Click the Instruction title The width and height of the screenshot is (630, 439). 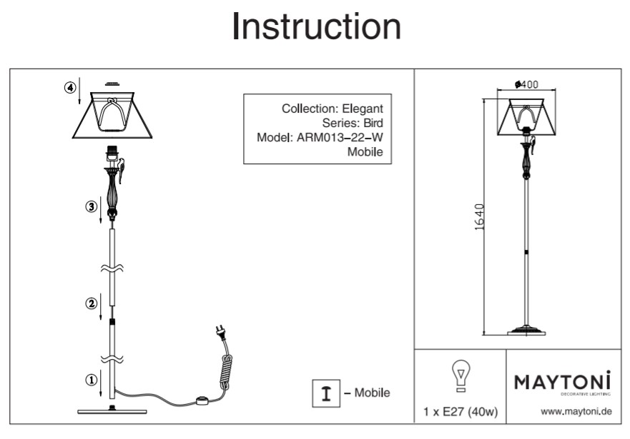pos(316,26)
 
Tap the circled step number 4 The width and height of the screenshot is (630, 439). pos(70,88)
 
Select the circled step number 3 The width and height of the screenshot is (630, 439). pos(91,206)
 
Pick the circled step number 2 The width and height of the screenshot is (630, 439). pos(91,303)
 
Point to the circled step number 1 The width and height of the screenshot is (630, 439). pos(91,380)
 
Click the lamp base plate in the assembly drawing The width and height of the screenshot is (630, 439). pos(112,411)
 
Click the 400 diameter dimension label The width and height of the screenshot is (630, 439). pos(527,84)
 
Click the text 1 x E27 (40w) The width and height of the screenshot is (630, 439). pos(461,412)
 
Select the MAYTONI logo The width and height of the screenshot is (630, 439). pos(563,381)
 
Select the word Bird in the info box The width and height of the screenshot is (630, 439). pos(373,123)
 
